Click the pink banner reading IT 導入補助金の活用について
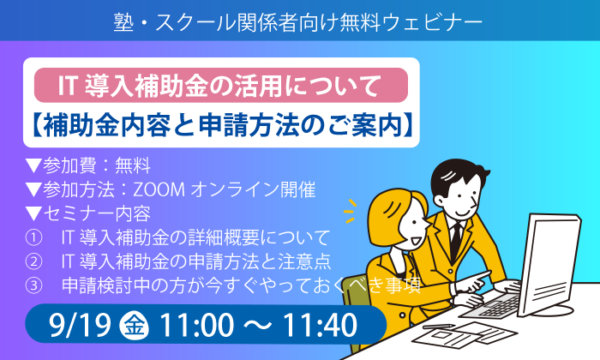pos(221,85)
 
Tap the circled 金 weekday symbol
pos(134,325)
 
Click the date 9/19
pos(80,326)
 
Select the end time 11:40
pos(320,326)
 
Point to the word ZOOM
pos(159,189)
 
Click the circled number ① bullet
pos(33,238)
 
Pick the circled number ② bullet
pos(33,261)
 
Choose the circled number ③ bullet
pos(33,285)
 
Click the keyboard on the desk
pos(494,304)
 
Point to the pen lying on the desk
pos(439,327)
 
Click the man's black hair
pos(457,177)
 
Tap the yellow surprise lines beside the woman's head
pos(350,211)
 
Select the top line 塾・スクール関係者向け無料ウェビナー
pos(298,22)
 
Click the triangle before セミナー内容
pos(33,213)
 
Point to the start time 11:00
pos(196,326)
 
